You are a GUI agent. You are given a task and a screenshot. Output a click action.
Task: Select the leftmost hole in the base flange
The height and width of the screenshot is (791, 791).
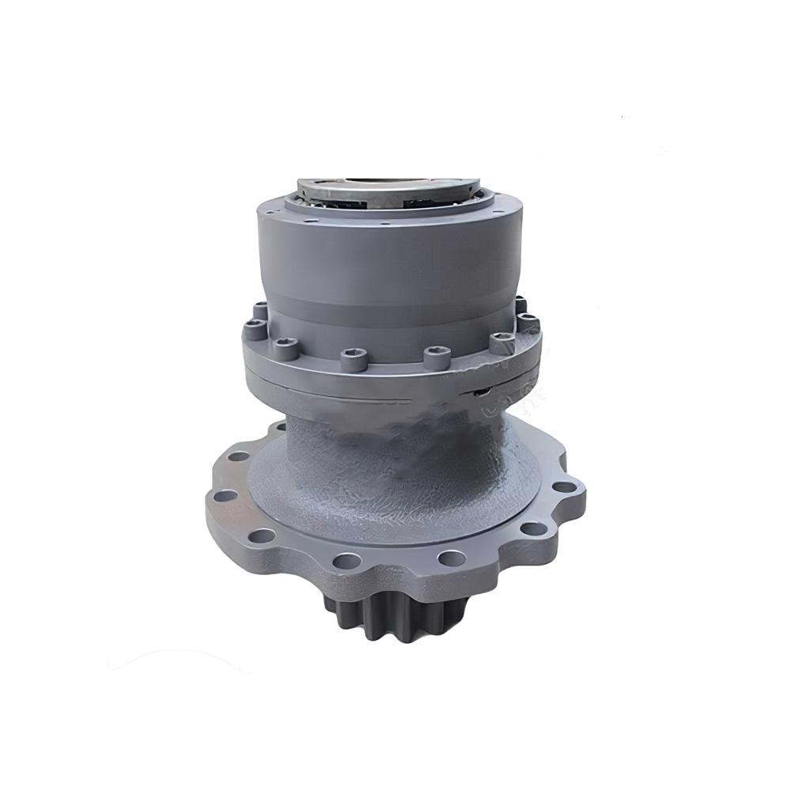click(225, 496)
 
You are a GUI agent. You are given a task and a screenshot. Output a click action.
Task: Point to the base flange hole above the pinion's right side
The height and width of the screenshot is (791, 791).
click(452, 558)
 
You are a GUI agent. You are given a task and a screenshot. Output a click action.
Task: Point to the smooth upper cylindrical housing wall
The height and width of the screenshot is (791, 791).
click(388, 261)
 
